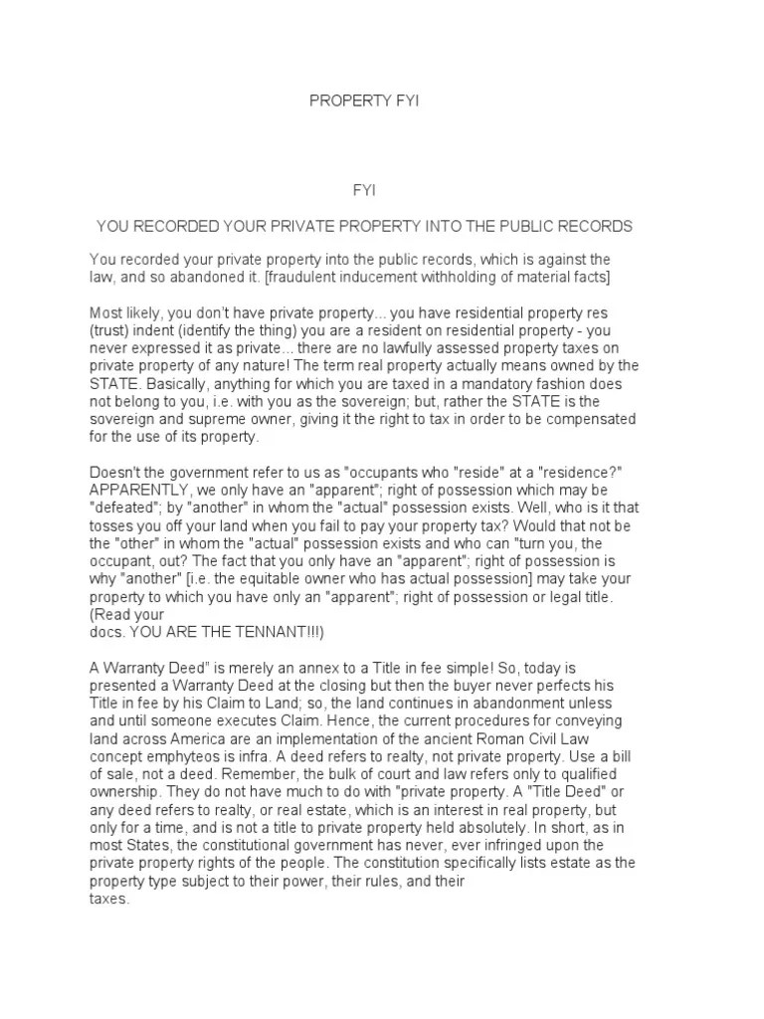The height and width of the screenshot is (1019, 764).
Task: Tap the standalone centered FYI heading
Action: coord(364,188)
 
